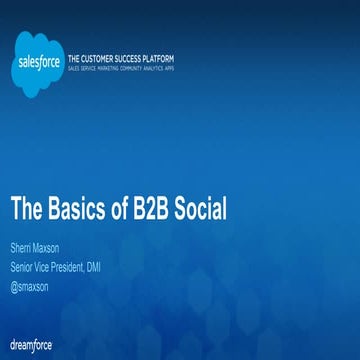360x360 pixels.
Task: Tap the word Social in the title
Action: point(204,210)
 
